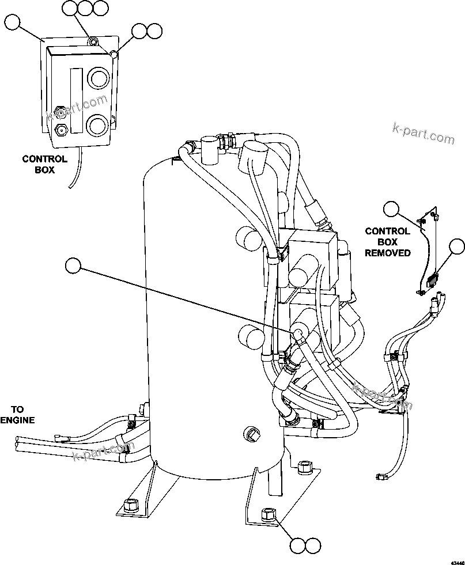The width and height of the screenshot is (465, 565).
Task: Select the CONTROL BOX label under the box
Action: tap(44, 164)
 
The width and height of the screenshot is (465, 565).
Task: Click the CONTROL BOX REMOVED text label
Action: tap(388, 242)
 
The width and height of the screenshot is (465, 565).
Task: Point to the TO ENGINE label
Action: tap(17, 414)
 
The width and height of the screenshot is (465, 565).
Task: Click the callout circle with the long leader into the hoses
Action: tap(73, 265)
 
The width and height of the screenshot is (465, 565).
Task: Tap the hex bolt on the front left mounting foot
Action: tap(130, 505)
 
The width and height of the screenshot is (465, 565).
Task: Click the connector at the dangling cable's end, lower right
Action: tap(381, 476)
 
